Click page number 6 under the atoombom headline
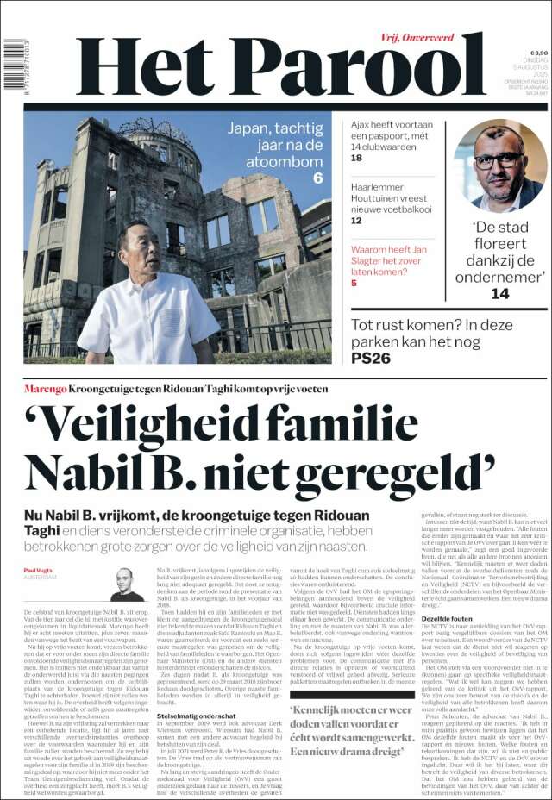point(317,178)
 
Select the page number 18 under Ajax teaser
point(356,158)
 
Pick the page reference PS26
point(371,357)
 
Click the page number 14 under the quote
point(499,293)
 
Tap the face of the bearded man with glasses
point(498,161)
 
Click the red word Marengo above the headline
point(45,390)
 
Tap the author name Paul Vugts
point(39,571)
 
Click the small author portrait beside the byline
point(127,584)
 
